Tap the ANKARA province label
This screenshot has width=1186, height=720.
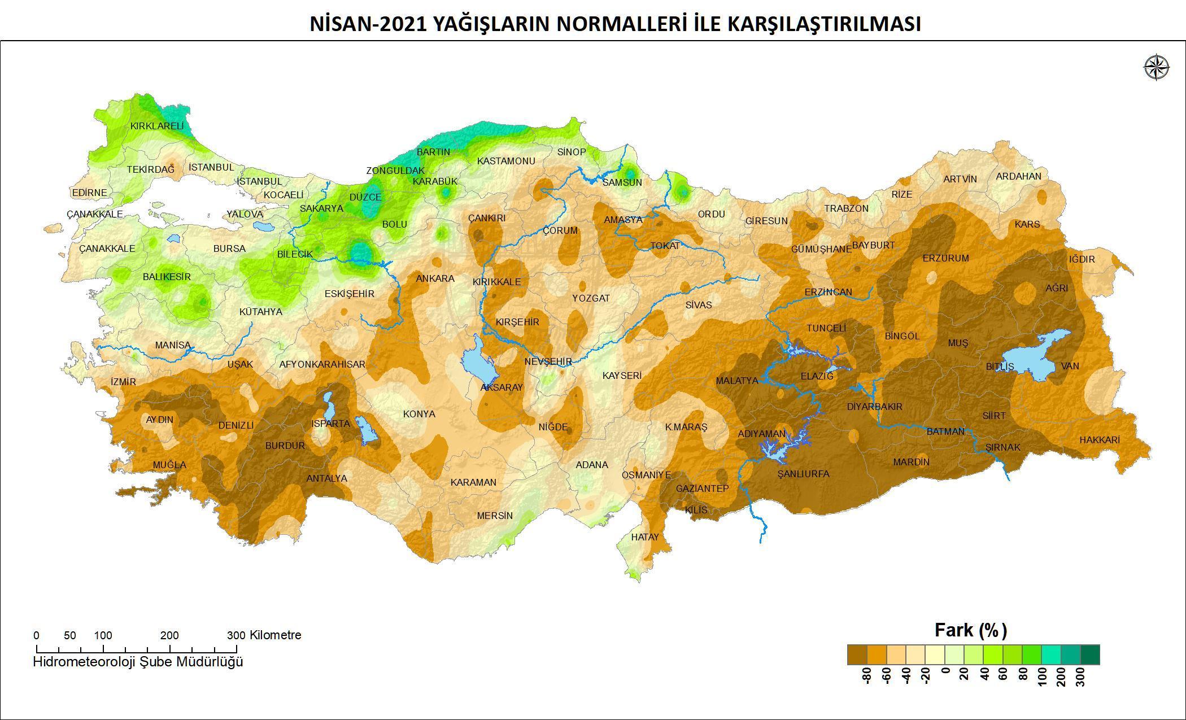tap(435, 278)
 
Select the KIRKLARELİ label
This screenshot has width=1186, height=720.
tap(157, 126)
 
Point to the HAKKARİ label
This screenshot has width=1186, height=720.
tap(1099, 440)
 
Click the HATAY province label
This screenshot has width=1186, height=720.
tap(644, 537)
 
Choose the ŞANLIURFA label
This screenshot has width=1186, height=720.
tap(803, 474)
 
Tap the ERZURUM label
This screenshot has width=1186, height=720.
tap(945, 258)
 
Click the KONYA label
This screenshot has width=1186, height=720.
tap(419, 414)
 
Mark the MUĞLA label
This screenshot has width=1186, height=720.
tap(169, 465)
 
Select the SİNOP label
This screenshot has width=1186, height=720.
tap(572, 152)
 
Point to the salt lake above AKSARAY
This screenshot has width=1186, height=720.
tap(478, 363)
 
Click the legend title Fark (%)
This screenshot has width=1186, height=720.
tap(971, 630)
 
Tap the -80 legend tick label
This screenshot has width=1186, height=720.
tap(867, 675)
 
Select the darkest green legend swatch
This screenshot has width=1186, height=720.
tap(1090, 654)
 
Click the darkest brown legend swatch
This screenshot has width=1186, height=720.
tap(857, 654)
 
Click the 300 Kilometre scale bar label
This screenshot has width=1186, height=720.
tap(265, 635)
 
